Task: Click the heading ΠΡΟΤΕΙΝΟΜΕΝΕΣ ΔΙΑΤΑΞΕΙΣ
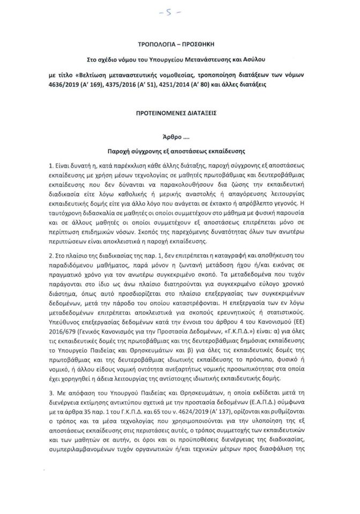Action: [x=179, y=114]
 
